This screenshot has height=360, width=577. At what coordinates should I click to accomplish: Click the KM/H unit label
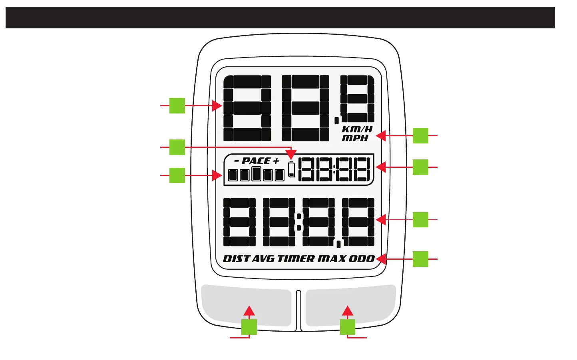click(x=357, y=129)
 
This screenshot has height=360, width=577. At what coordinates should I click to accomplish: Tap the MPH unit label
click(x=355, y=138)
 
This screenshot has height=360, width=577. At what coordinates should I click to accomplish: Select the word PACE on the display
click(x=256, y=161)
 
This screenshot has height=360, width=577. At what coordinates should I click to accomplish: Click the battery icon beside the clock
click(x=292, y=169)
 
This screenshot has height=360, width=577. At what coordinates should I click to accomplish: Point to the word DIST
click(x=236, y=259)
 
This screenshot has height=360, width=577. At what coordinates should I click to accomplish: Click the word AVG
click(x=264, y=259)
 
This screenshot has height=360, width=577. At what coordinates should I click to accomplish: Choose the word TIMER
click(x=296, y=259)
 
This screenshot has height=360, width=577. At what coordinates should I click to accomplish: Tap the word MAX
click(x=332, y=259)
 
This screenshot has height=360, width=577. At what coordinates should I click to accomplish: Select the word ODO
click(x=362, y=259)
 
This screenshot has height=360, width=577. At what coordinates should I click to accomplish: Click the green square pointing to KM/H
click(x=420, y=135)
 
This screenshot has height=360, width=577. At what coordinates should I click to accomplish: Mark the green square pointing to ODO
click(x=420, y=259)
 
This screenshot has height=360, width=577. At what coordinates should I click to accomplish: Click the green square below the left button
click(x=249, y=327)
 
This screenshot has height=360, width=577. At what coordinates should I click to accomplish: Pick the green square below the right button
click(x=348, y=327)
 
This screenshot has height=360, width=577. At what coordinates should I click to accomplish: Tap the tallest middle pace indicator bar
click(x=256, y=174)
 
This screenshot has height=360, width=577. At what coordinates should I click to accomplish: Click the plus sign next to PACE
click(x=276, y=161)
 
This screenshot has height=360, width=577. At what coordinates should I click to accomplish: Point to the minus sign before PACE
click(x=237, y=161)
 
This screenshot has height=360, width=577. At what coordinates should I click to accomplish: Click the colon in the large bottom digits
click(x=298, y=222)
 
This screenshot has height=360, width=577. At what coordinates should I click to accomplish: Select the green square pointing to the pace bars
click(x=177, y=175)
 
